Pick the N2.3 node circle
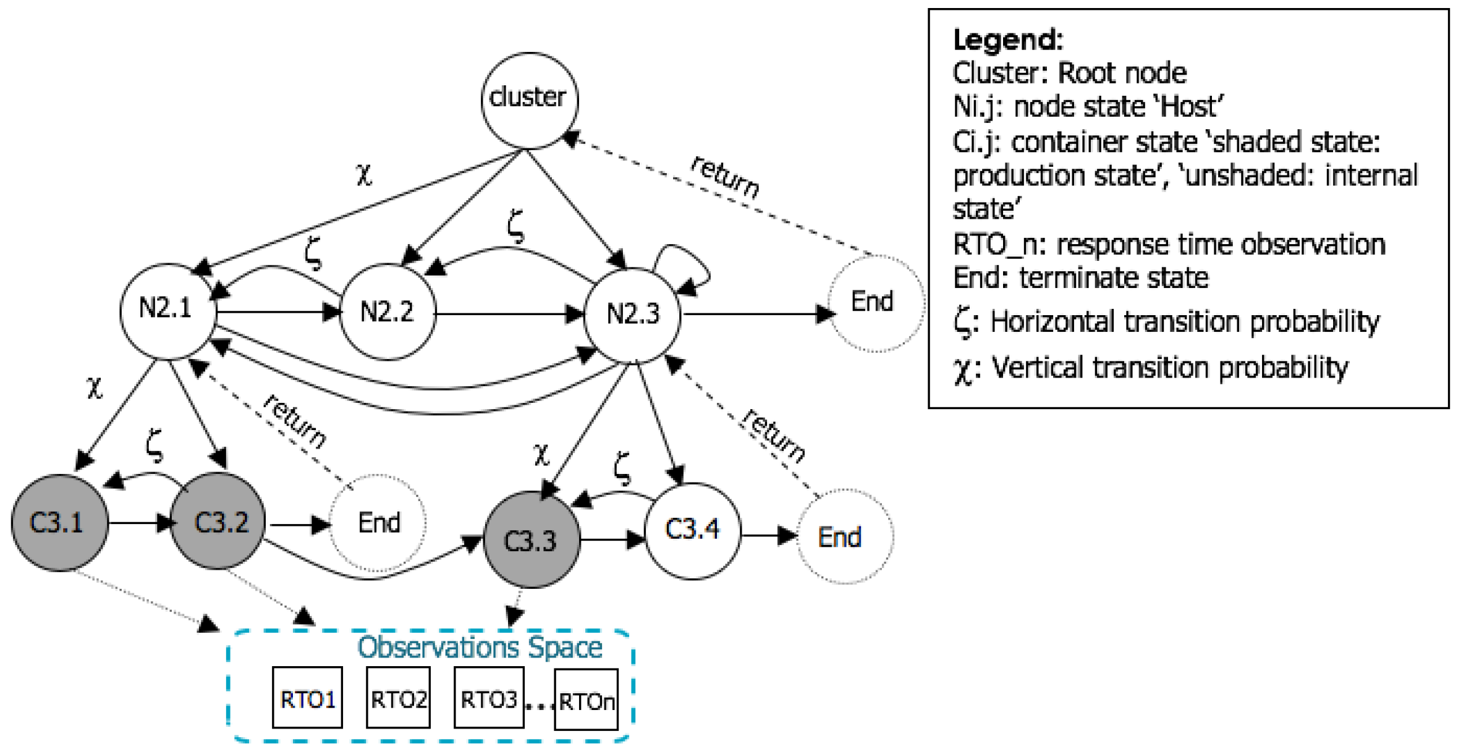(632, 315)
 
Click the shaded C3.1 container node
(59, 523)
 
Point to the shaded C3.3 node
(531, 540)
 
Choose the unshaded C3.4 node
(692, 531)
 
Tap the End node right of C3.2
(378, 523)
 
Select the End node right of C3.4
(844, 536)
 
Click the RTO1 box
(307, 698)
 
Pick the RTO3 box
(488, 698)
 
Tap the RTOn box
(586, 700)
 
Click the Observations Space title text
(479, 648)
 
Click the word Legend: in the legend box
(1007, 40)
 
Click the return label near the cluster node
(725, 177)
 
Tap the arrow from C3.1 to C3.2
(140, 523)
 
